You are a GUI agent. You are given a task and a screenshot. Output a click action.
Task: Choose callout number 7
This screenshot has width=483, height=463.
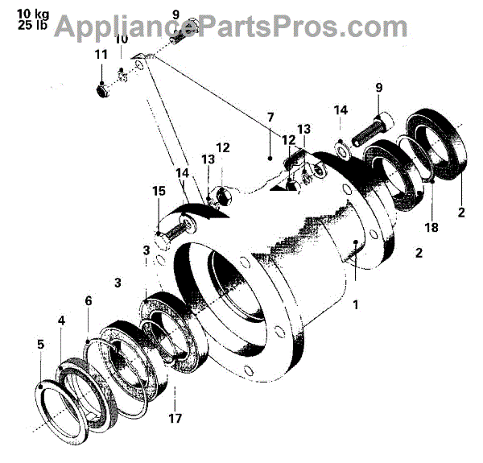pyautogui.click(x=270, y=118)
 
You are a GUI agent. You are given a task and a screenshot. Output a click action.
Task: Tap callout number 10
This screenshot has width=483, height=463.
pyautogui.click(x=121, y=39)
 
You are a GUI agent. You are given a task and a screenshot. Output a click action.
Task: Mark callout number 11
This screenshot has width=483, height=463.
pyautogui.click(x=101, y=55)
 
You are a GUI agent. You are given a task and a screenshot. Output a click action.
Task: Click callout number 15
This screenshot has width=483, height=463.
pyautogui.click(x=159, y=192)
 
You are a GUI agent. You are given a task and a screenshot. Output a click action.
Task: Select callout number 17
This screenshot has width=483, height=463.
pyautogui.click(x=175, y=418)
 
